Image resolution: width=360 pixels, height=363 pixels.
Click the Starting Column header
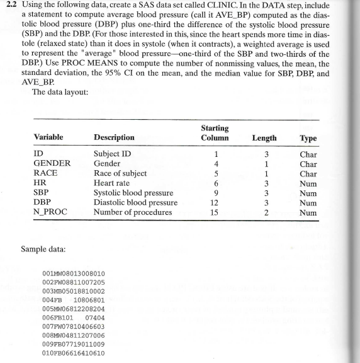coord(215,133)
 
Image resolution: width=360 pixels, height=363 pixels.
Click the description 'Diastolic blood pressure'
coord(135,202)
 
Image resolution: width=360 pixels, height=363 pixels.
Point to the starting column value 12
coord(215,202)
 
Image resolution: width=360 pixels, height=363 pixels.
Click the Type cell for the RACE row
coord(309,173)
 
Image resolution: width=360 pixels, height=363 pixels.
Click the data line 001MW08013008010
coord(73,274)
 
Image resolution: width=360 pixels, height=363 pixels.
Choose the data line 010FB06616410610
coord(73,354)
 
